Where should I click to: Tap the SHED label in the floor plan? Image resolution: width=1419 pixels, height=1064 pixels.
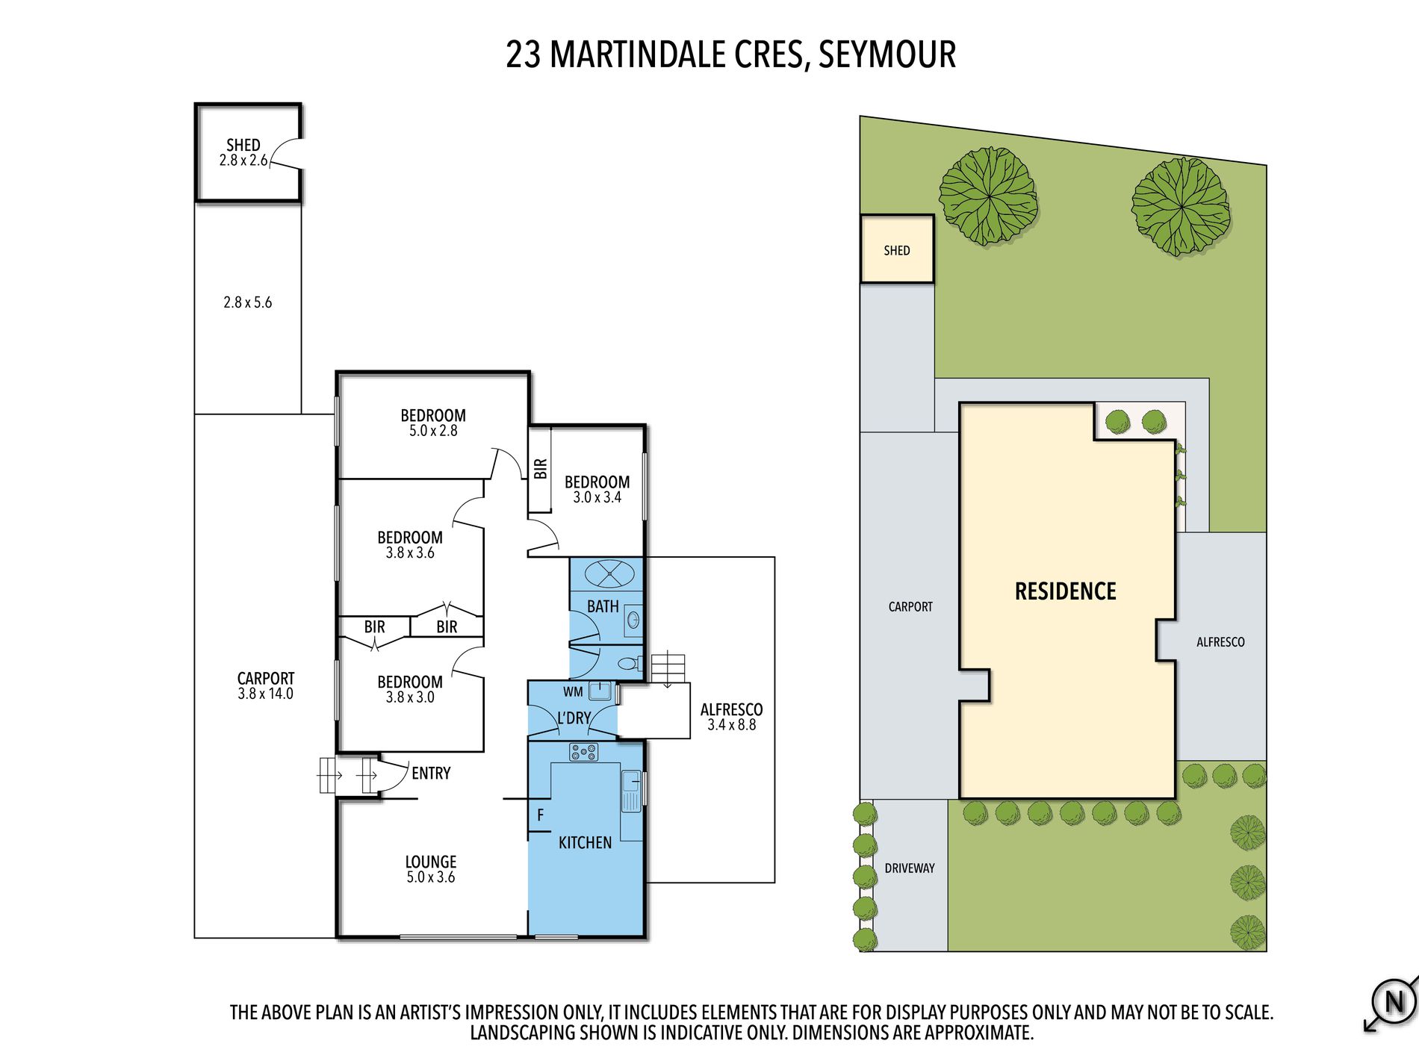click(243, 145)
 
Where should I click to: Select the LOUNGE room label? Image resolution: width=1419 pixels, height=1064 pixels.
click(431, 862)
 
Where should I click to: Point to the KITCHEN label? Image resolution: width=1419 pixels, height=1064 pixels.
click(585, 842)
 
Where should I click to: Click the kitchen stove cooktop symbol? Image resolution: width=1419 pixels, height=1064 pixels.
click(583, 752)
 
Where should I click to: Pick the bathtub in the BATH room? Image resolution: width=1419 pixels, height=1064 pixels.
click(609, 574)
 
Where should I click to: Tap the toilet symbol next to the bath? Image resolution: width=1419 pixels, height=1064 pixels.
click(629, 662)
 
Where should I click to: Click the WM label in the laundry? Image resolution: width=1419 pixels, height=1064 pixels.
click(573, 692)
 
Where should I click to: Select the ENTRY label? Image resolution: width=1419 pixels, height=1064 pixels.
click(431, 774)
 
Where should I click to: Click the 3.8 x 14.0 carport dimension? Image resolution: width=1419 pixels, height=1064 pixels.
click(265, 694)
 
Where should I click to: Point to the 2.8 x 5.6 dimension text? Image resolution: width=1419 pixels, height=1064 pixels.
click(247, 302)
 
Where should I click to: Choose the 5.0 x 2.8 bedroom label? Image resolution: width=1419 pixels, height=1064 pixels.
click(433, 431)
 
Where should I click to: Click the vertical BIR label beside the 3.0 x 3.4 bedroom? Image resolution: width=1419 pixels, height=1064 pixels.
click(541, 469)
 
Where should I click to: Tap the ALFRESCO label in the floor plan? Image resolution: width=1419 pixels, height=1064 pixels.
click(731, 709)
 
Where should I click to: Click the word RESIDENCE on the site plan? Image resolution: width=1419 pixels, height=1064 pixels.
click(1065, 591)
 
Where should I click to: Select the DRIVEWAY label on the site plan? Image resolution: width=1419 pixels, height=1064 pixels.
click(910, 868)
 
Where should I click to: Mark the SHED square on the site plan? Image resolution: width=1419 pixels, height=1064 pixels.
click(897, 249)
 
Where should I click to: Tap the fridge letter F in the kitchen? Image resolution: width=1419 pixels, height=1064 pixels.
click(540, 815)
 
